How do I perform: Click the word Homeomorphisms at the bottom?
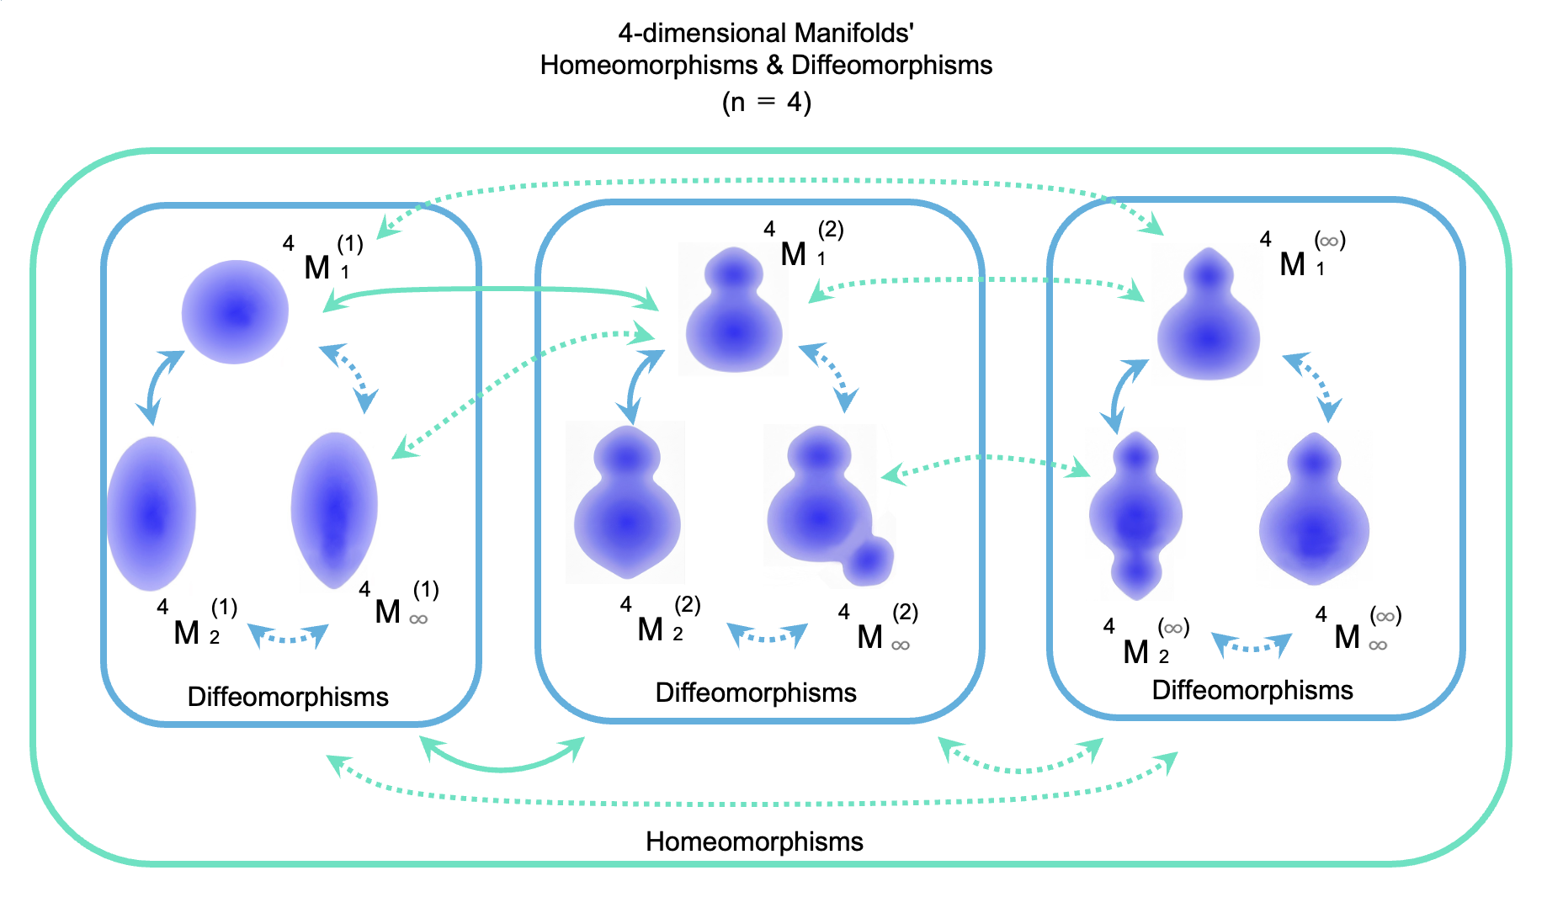point(754,841)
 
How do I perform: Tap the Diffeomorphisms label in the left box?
point(288,697)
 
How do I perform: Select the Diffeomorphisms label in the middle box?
point(755,693)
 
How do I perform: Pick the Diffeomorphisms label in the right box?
point(1252,690)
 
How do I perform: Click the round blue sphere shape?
point(236,312)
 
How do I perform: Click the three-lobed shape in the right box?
point(1135,515)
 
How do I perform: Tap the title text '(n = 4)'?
point(766,103)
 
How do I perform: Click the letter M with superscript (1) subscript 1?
point(316,268)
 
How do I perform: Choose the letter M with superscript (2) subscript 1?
point(793,253)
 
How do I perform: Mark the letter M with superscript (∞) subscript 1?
point(1292,264)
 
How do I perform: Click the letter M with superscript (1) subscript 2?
point(186,633)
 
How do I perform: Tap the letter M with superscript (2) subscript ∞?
point(869,637)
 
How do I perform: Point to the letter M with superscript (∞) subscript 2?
point(1135,651)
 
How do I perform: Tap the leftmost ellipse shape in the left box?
point(152,513)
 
